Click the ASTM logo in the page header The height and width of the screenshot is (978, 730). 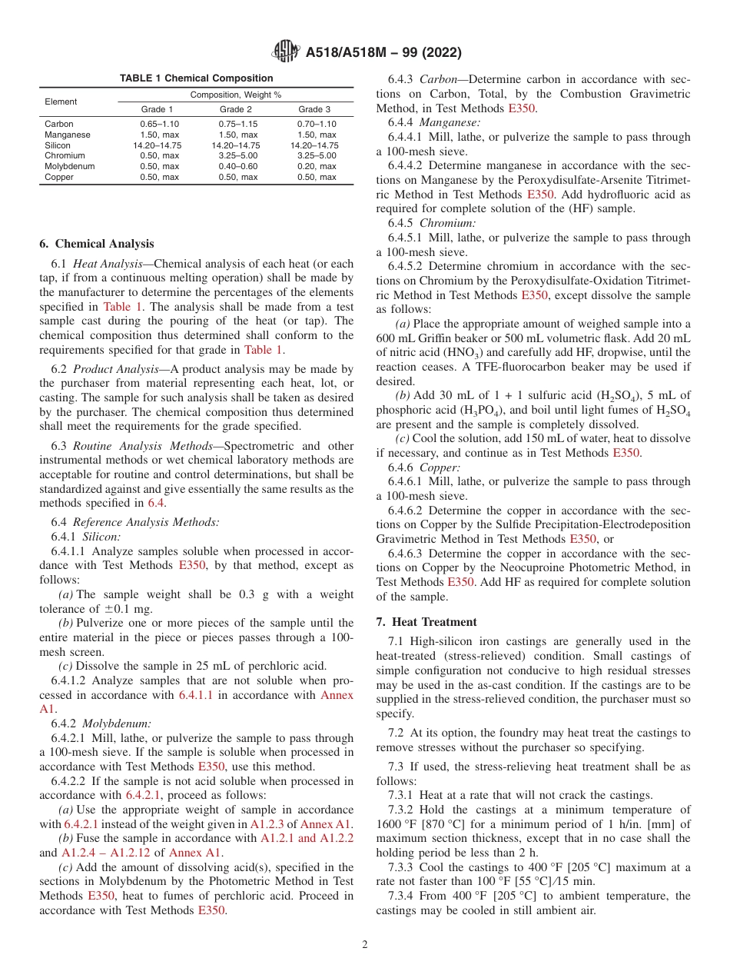[286, 52]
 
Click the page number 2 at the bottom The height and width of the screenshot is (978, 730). [365, 945]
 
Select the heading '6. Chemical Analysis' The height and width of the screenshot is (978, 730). [96, 244]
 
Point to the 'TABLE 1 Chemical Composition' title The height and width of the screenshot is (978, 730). [196, 78]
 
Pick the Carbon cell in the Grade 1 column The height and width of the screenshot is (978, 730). [159, 124]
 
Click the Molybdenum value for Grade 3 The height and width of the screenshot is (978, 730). [317, 166]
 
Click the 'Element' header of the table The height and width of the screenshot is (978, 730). [61, 101]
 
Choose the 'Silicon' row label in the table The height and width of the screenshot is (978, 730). [58, 145]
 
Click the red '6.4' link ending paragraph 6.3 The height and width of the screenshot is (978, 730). [156, 503]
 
